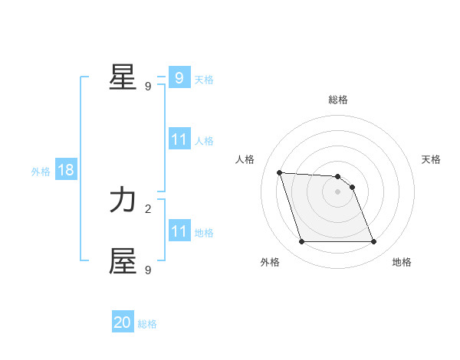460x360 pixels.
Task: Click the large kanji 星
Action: tap(123, 77)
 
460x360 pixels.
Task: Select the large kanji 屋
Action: tap(123, 260)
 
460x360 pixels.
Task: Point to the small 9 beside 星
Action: tap(148, 87)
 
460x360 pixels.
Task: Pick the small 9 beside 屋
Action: tap(148, 270)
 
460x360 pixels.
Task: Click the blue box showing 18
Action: tap(66, 170)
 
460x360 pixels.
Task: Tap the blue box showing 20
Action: tap(123, 322)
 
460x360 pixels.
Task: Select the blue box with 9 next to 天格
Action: tap(179, 78)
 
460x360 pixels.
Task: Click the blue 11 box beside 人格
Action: tap(179, 139)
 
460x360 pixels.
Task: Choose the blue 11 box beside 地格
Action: tap(179, 231)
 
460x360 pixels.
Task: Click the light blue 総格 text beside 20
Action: tap(147, 324)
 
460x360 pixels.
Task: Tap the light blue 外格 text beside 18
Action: tap(41, 172)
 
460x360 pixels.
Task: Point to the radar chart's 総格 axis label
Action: tap(337, 100)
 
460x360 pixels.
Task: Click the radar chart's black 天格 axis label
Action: tap(431, 159)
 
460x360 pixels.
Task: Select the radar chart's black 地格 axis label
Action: tap(402, 262)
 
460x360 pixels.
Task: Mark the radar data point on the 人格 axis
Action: tap(279, 172)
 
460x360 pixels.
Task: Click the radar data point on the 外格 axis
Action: tap(301, 242)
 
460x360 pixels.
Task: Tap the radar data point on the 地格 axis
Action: tap(373, 242)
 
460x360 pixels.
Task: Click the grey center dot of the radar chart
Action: tap(337, 191)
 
